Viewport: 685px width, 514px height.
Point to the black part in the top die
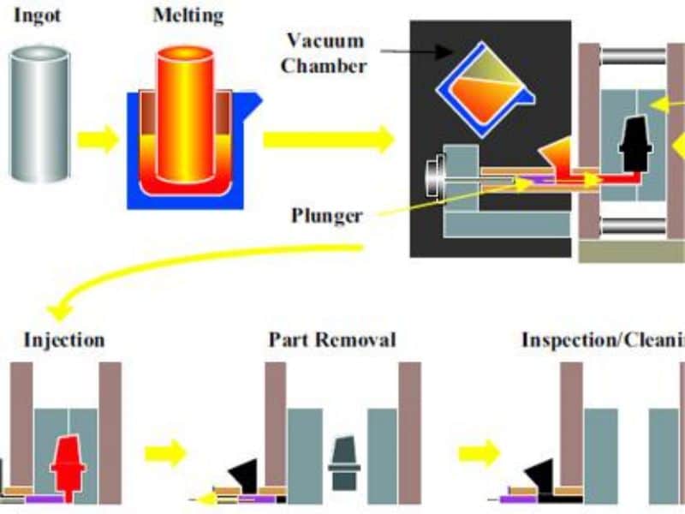634,141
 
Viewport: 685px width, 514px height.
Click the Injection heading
64,339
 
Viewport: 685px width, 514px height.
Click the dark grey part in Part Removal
342,463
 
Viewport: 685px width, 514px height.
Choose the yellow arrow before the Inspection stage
479,451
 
